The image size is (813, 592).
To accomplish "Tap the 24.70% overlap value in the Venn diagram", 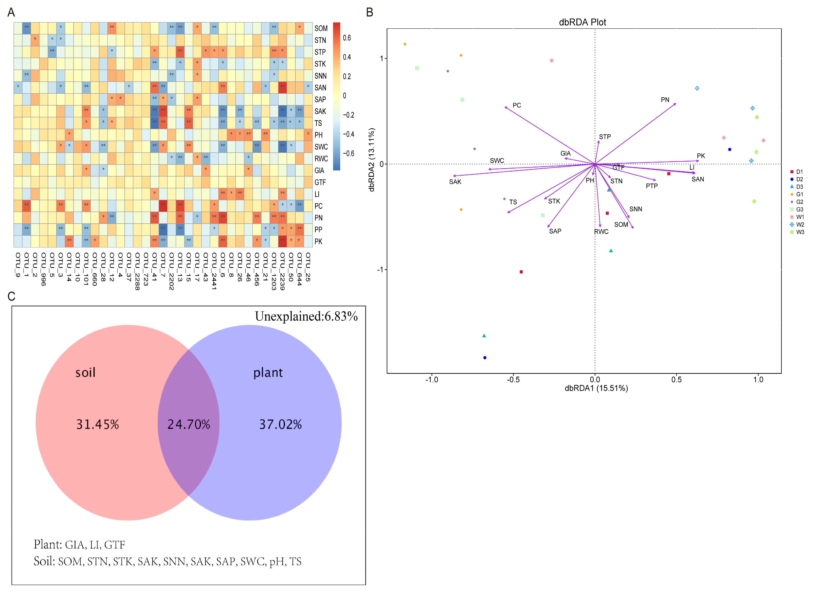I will (x=189, y=424).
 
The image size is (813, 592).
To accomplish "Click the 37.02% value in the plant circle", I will (x=280, y=424).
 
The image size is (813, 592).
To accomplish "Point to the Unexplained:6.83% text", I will (x=306, y=316).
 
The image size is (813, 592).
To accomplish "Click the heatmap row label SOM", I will (x=321, y=28).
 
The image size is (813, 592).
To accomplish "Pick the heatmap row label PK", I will (x=319, y=242).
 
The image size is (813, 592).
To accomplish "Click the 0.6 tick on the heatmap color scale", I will (x=347, y=38).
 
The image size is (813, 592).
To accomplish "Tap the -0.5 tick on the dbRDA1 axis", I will (x=513, y=379).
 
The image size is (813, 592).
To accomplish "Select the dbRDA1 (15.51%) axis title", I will (x=596, y=388).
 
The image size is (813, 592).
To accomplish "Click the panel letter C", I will (x=11, y=296).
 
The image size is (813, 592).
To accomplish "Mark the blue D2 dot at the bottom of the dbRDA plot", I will (x=485, y=358).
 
